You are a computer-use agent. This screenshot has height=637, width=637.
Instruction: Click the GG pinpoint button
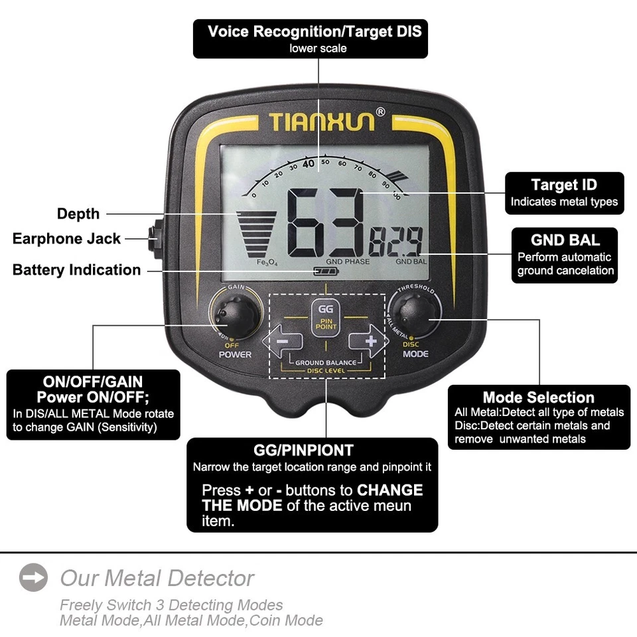(x=326, y=317)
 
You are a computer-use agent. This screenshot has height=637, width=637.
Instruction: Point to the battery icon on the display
(x=326, y=271)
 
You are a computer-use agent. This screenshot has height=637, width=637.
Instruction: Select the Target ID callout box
(x=564, y=193)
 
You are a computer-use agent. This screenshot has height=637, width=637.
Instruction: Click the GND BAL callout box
(x=565, y=255)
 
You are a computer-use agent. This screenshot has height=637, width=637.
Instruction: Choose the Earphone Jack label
(x=66, y=239)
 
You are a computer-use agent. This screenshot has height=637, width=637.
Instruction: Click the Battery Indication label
(x=76, y=270)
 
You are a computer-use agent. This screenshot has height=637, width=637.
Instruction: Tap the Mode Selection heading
(x=538, y=397)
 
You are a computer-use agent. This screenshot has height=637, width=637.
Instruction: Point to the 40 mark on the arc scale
(x=309, y=163)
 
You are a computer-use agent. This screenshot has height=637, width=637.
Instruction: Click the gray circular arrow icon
(x=33, y=577)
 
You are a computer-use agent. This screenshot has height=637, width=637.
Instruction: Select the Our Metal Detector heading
(x=157, y=578)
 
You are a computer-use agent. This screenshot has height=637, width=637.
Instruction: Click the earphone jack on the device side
(x=153, y=238)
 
